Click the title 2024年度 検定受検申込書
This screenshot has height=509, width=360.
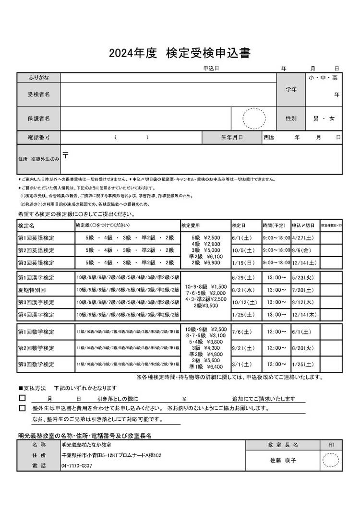(x=180, y=53)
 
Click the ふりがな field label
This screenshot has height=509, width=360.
(x=38, y=77)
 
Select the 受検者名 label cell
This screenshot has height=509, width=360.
(x=38, y=95)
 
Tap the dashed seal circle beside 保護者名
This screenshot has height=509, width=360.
(x=254, y=118)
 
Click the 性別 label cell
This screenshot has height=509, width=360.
(x=291, y=118)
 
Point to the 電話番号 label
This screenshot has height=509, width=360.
(x=38, y=137)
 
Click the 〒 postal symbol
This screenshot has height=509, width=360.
(x=65, y=155)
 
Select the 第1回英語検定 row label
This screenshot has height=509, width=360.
(x=36, y=237)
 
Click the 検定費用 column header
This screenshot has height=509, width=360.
(x=190, y=225)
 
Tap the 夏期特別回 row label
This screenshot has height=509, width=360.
(x=32, y=290)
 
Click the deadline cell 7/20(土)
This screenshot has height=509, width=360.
(x=303, y=290)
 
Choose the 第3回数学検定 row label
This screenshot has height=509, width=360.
(x=36, y=365)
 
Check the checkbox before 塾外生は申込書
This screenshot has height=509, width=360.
(x=22, y=408)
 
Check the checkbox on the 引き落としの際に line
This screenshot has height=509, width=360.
(x=22, y=398)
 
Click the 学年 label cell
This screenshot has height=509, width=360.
(x=291, y=90)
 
